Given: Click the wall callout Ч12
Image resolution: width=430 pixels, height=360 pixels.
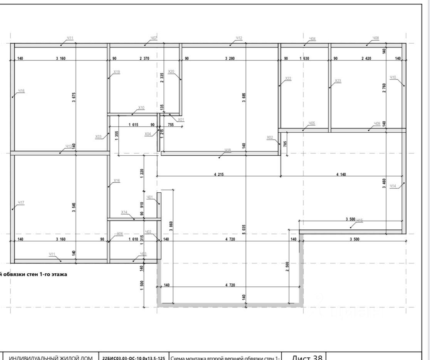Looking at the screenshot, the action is tap(239, 38).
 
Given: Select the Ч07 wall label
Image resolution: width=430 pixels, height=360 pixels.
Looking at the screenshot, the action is tap(154, 38).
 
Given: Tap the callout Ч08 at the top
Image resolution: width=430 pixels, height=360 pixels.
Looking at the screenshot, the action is tap(376, 38).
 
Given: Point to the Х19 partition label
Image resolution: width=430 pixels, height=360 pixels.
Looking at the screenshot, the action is tap(117, 72).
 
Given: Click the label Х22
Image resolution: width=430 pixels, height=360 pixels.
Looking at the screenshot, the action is tap(288, 79).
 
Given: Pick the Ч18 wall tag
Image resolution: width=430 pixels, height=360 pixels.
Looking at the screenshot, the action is tap(228, 150).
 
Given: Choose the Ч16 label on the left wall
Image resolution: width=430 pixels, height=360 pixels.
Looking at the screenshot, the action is tap(21, 91).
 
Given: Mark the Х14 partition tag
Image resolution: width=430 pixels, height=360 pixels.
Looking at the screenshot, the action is tap(124, 212).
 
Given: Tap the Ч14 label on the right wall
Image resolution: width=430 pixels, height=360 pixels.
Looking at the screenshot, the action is tap(393, 186).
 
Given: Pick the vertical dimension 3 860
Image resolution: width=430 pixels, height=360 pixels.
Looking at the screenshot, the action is tap(171, 225).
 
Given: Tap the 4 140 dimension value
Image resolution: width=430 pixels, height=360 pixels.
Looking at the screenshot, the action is tap(341, 175).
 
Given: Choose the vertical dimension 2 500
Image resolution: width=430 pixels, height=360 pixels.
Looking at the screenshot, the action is tap(287, 266).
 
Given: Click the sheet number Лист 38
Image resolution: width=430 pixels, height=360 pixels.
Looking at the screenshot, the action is tap(307, 357).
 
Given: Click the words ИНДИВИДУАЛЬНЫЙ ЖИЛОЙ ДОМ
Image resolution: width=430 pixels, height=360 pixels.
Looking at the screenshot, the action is tap(50, 358).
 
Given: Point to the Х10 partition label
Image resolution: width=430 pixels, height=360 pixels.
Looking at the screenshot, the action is tap(141, 108).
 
